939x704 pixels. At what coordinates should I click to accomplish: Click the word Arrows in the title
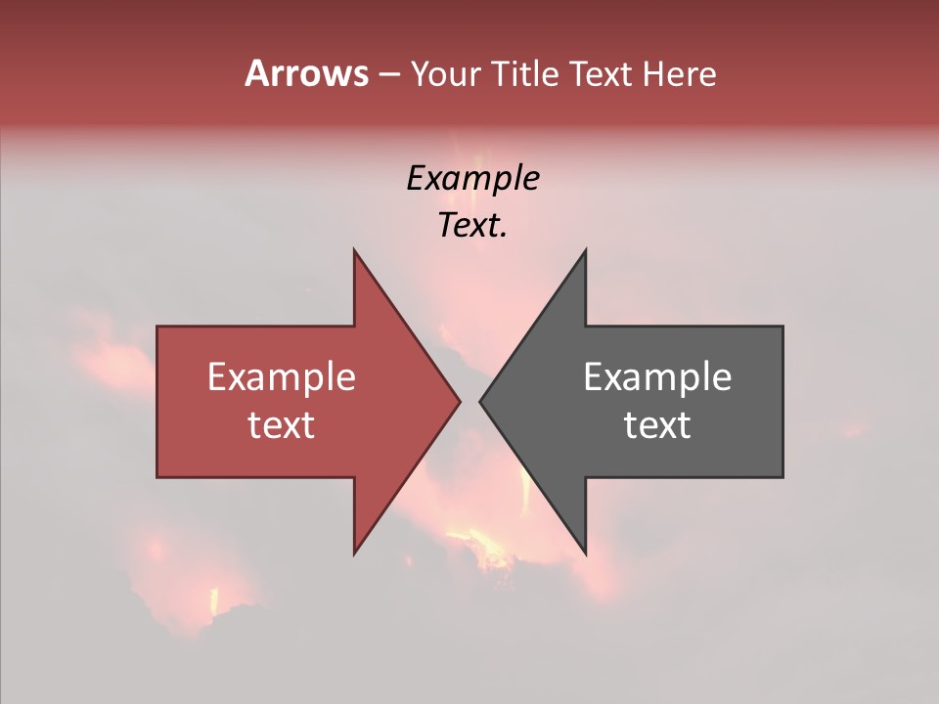click(x=306, y=73)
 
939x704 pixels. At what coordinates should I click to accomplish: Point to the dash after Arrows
click(x=388, y=75)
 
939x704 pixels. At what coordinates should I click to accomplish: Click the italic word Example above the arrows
click(x=472, y=179)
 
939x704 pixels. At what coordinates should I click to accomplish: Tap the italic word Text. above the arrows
click(x=472, y=226)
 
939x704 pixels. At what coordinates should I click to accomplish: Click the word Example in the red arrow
click(x=282, y=377)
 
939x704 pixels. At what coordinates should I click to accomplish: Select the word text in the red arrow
click(x=282, y=425)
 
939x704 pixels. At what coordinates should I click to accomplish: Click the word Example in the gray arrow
click(x=657, y=377)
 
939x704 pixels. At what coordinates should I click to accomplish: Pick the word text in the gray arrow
click(x=657, y=425)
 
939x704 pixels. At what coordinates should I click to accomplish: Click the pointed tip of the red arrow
click(x=460, y=401)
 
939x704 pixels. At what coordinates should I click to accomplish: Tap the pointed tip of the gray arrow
click(x=480, y=401)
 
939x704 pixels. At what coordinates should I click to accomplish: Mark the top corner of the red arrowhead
click(x=354, y=249)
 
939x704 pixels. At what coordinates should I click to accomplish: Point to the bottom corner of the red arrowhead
click(x=354, y=553)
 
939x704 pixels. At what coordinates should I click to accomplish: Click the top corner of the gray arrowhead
click(x=585, y=249)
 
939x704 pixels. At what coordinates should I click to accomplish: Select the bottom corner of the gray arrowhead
click(x=585, y=553)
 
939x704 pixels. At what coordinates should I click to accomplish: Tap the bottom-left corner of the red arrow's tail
click(x=157, y=477)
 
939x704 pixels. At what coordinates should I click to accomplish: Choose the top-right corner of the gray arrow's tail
click(x=782, y=327)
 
